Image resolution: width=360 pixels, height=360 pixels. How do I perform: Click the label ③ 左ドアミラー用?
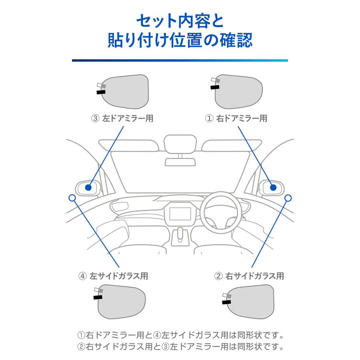point(122,118)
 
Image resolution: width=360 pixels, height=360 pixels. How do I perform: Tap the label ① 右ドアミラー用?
point(236,118)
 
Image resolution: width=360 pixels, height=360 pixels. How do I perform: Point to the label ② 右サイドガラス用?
point(249,276)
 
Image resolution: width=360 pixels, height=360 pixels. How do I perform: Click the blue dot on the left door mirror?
point(89,187)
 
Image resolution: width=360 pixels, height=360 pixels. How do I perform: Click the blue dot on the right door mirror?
point(273,187)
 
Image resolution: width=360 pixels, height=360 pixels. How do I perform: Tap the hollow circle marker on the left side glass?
point(72,198)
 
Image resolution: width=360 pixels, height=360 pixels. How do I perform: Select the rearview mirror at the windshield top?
point(180,144)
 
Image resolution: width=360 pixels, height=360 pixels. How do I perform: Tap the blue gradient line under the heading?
point(180,60)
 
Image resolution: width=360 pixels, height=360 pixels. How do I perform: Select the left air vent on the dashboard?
point(120,207)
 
